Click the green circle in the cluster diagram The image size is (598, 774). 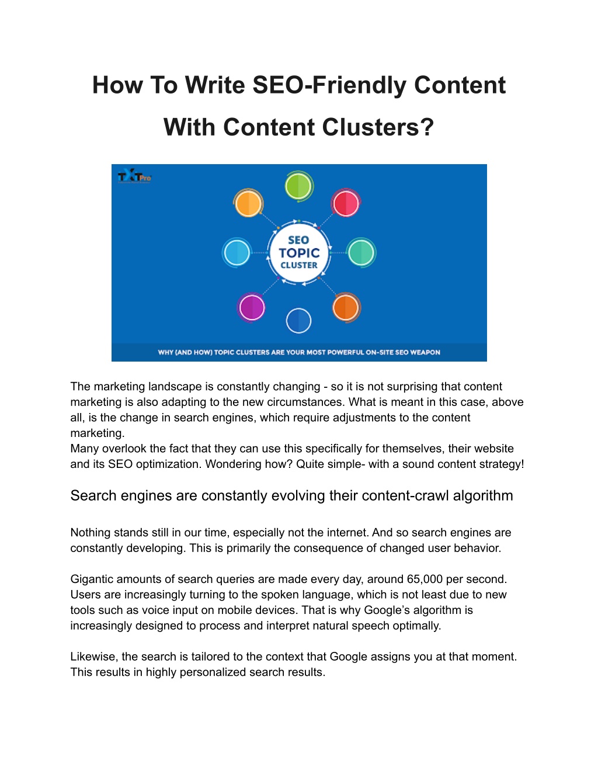click(298, 186)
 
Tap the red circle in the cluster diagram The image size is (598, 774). click(346, 203)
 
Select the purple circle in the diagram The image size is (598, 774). click(252, 307)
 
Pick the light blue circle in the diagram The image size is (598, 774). click(237, 252)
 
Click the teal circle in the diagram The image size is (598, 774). click(361, 252)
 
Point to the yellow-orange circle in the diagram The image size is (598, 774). click(248, 203)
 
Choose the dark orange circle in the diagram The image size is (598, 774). click(346, 307)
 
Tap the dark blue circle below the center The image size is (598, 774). click(298, 321)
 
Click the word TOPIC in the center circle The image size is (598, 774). click(299, 253)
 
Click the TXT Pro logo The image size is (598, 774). click(134, 176)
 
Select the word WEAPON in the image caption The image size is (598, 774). click(425, 352)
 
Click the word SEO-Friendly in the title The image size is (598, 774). click(329, 85)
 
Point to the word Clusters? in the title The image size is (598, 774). click(378, 127)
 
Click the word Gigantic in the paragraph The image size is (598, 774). click(92, 579)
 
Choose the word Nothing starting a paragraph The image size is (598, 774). click(91, 533)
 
